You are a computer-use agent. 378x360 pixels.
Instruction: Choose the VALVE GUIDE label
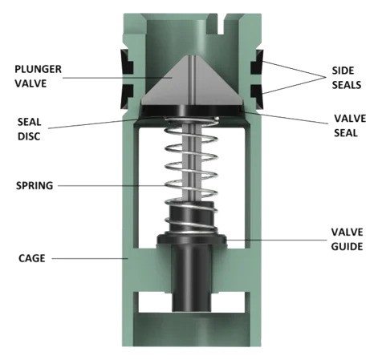point(341,238)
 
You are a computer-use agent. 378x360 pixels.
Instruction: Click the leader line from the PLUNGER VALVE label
point(120,78)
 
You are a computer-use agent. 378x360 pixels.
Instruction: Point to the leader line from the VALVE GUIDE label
point(273,239)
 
